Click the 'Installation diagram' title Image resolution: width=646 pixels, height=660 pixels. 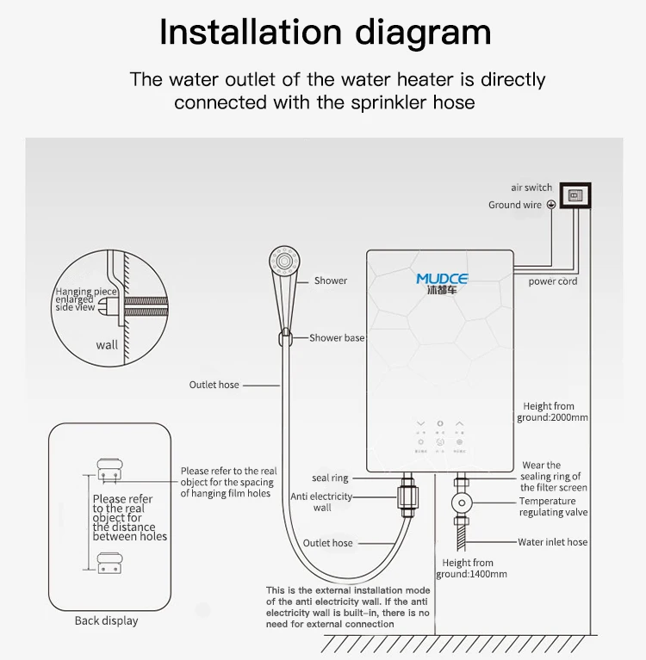point(325,33)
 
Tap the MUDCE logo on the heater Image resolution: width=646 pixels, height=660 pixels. point(442,280)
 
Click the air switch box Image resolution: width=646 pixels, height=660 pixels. point(576,195)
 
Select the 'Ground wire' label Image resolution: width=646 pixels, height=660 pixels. point(515,205)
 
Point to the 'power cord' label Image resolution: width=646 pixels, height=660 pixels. point(553,281)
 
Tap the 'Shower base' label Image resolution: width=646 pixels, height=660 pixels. point(337,338)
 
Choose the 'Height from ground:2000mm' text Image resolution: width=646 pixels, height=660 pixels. point(555,412)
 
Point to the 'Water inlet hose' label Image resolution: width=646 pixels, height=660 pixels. point(552,543)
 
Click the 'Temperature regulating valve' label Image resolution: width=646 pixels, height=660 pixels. point(553,507)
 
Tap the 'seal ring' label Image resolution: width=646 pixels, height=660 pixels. point(330,478)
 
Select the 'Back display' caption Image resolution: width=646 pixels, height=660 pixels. point(106,620)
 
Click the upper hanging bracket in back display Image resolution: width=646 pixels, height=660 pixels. point(109,467)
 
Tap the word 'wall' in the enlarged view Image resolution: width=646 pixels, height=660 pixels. point(107,346)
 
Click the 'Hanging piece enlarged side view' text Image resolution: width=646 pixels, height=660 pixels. point(86,299)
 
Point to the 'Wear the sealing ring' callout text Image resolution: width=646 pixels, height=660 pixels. point(552,477)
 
